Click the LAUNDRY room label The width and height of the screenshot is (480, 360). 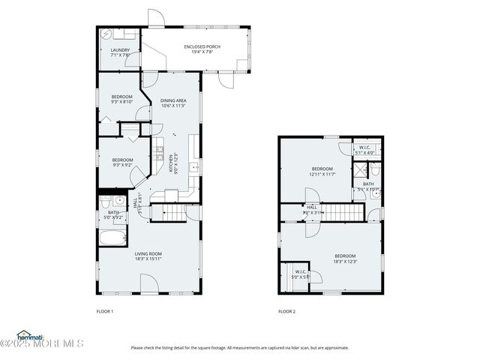(x=120, y=52)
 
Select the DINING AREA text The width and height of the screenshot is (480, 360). (x=173, y=103)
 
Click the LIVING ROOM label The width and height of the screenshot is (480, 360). (x=148, y=256)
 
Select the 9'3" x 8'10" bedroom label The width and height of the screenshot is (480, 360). (x=121, y=99)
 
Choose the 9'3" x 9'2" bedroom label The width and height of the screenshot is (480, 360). (x=122, y=162)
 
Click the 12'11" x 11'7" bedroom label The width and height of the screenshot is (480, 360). (x=322, y=172)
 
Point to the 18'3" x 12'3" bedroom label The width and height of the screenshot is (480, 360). (x=345, y=259)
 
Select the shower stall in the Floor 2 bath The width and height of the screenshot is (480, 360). (x=360, y=171)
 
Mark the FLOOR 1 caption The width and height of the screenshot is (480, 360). (x=104, y=311)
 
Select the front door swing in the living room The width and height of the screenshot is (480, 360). (x=148, y=283)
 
